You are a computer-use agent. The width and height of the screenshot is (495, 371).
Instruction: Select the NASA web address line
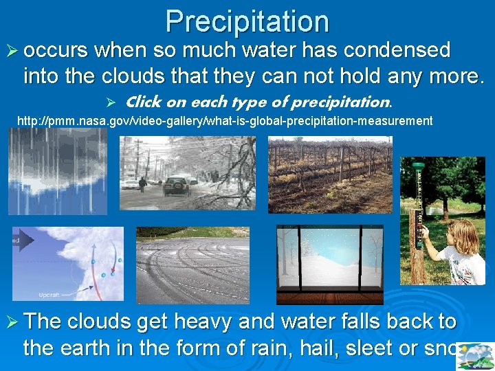point(225,121)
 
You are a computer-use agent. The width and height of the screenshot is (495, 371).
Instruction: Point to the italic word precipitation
point(340,102)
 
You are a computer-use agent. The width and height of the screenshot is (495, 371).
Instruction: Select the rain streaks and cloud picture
point(58,171)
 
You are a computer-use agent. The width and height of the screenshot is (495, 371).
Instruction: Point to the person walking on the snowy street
point(141,184)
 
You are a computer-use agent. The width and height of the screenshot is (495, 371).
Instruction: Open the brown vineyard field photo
point(330,175)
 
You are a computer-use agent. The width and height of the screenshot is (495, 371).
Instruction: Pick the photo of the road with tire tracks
point(192,265)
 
